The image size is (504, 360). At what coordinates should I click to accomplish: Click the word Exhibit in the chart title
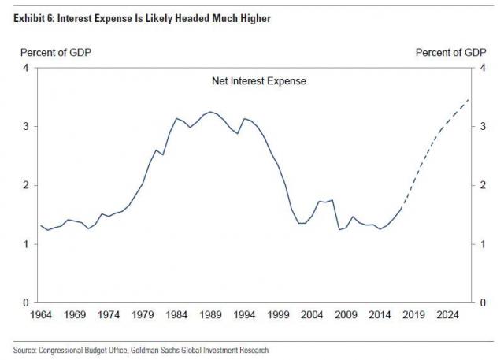point(28,17)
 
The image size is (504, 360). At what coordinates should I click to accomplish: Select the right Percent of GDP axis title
point(450,52)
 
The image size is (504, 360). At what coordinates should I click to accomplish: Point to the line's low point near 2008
point(339,230)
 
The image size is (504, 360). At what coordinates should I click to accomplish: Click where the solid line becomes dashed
point(402,208)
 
